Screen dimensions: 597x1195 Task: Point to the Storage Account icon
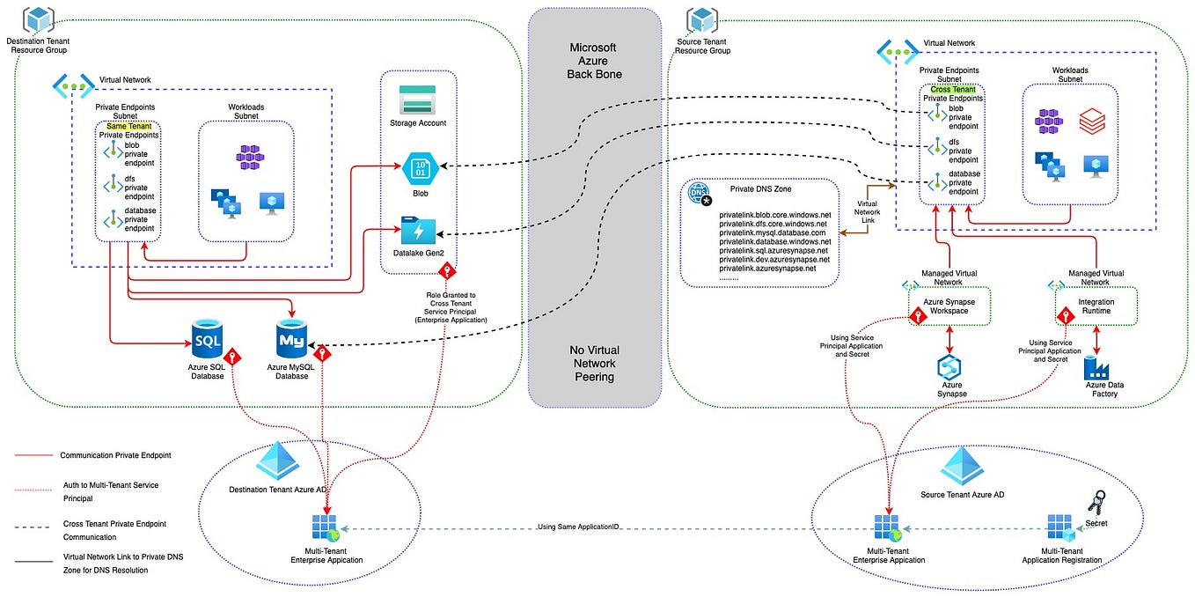tap(417, 99)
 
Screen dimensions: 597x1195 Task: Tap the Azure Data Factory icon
tap(1098, 365)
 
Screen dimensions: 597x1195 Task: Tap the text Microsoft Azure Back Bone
tap(594, 61)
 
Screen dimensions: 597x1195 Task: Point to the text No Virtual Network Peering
tap(594, 363)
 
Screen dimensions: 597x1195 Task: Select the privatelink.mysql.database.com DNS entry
tap(774, 232)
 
